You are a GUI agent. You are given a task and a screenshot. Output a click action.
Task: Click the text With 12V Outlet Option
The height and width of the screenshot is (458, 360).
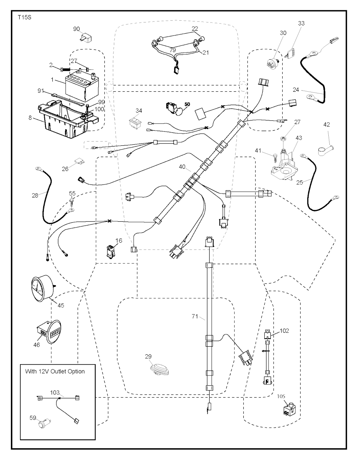55,371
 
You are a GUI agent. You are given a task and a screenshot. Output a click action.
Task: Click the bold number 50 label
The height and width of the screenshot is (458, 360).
187,104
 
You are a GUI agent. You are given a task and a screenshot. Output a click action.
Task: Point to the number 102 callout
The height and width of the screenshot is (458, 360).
284,331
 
